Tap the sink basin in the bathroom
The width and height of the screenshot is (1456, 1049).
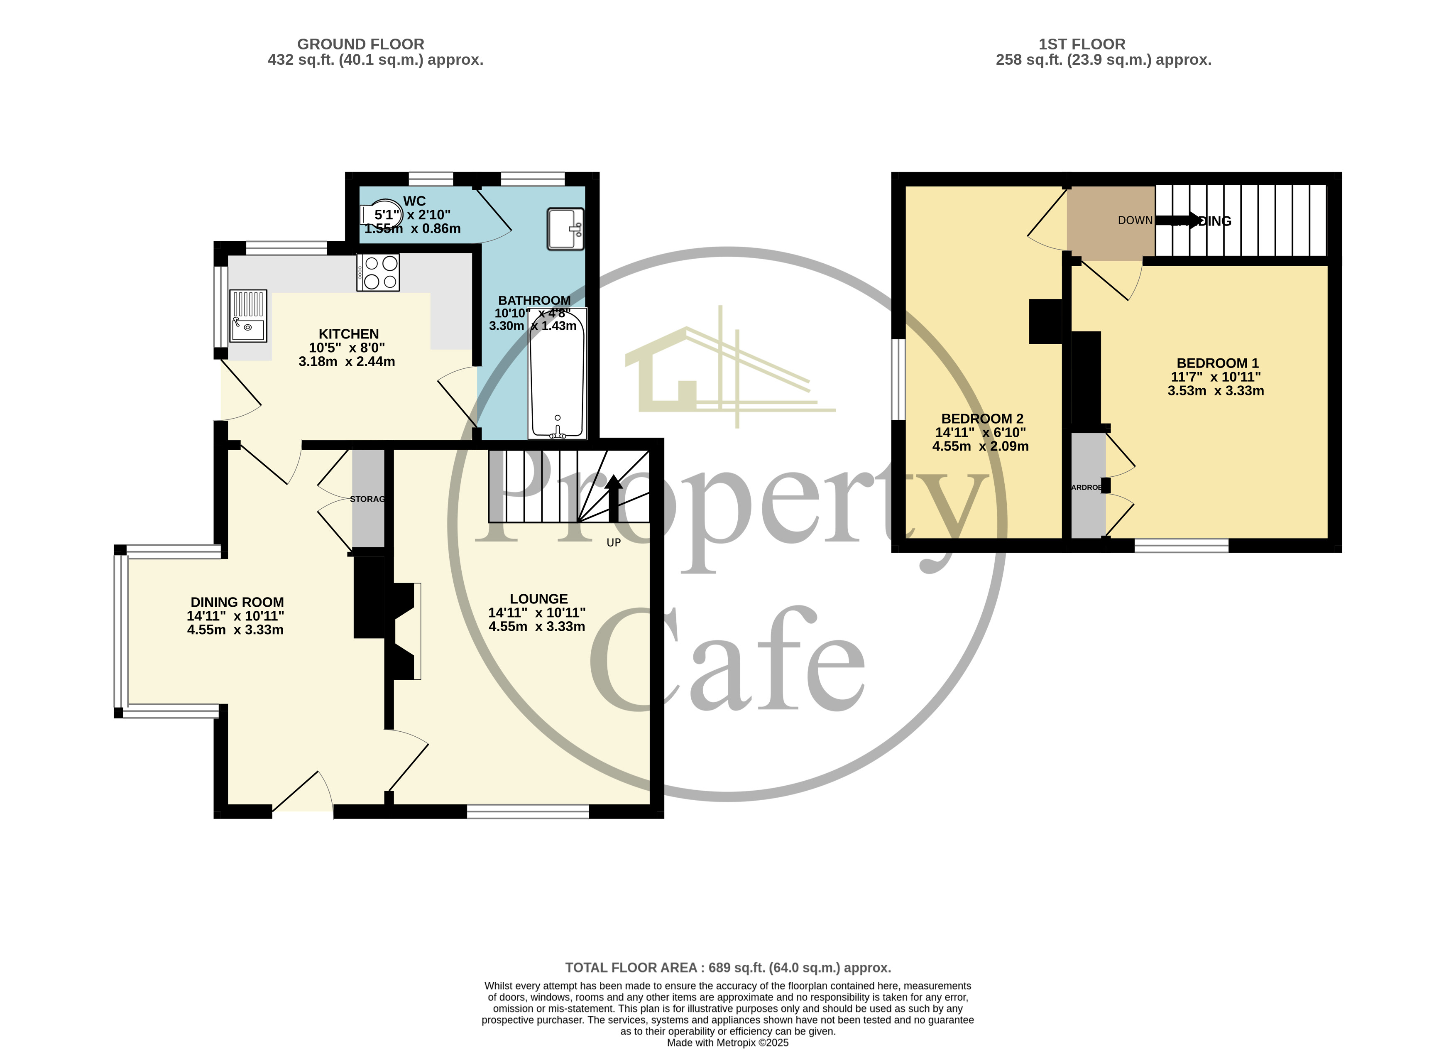(565, 228)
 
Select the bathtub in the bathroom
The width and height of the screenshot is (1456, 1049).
(557, 374)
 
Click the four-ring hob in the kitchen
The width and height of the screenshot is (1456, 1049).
(379, 272)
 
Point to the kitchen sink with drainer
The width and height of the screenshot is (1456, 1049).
(248, 316)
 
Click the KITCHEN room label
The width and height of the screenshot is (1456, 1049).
(349, 334)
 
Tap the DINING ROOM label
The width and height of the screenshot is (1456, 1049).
(237, 602)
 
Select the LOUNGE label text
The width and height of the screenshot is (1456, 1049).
(538, 599)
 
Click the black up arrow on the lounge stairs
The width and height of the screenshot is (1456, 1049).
(614, 498)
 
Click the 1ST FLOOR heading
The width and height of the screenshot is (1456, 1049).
(1082, 44)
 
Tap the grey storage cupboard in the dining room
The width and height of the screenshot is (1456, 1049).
(368, 498)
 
